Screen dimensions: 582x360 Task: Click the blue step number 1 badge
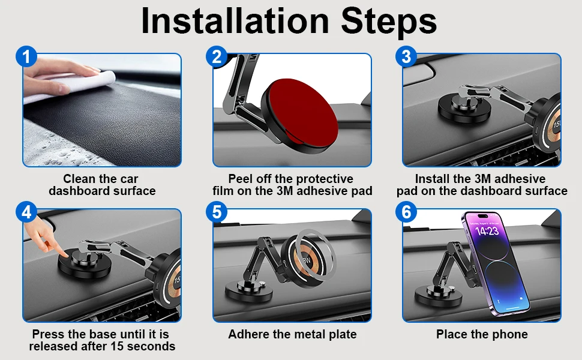(26, 57)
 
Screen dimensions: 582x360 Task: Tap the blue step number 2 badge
(217, 57)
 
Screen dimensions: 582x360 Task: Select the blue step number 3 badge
(406, 57)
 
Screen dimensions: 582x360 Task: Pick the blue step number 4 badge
(26, 212)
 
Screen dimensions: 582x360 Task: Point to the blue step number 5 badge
(217, 212)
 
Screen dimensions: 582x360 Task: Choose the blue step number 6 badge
(406, 212)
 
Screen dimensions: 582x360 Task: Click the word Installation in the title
(235, 21)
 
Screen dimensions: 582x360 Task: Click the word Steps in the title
(389, 22)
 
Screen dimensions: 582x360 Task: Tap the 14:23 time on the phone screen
(487, 231)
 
